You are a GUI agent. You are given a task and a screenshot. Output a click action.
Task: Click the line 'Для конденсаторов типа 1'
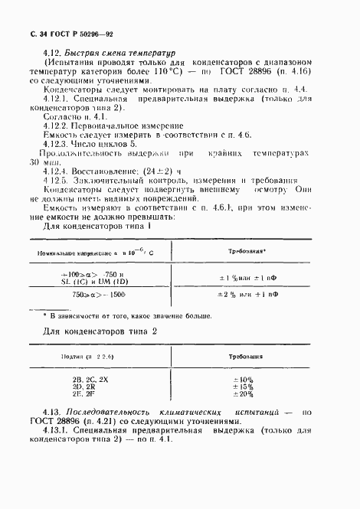[x=95, y=227]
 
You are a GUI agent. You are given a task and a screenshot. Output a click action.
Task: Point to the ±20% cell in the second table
[x=244, y=394]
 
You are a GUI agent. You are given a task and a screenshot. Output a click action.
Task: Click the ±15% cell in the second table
[x=244, y=387]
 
